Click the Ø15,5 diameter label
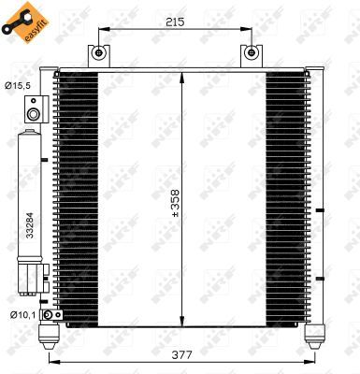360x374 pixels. click(16, 87)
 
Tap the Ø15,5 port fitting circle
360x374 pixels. click(34, 114)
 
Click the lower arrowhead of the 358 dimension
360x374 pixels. click(180, 319)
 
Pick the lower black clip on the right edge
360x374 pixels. click(319, 279)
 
